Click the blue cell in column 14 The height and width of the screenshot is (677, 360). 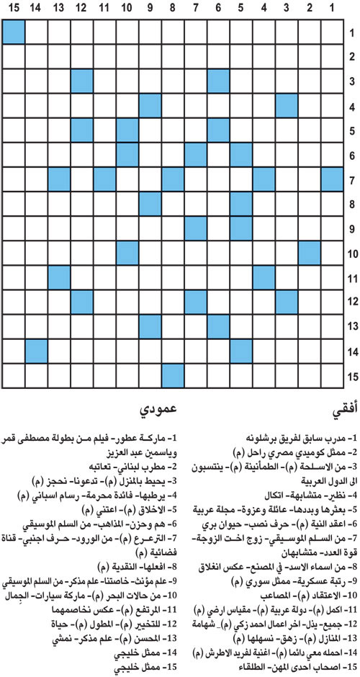click(36, 351)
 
